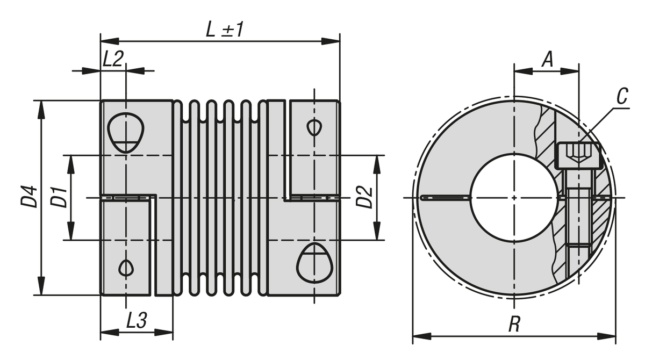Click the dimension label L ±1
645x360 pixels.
[225, 29]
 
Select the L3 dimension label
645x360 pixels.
[137, 321]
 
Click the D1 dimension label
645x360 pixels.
[59, 197]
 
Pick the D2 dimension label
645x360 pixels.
[364, 197]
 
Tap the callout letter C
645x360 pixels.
[622, 97]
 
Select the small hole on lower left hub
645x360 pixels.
[126, 267]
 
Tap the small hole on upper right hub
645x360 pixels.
[314, 127]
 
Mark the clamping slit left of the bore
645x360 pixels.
[446, 198]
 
